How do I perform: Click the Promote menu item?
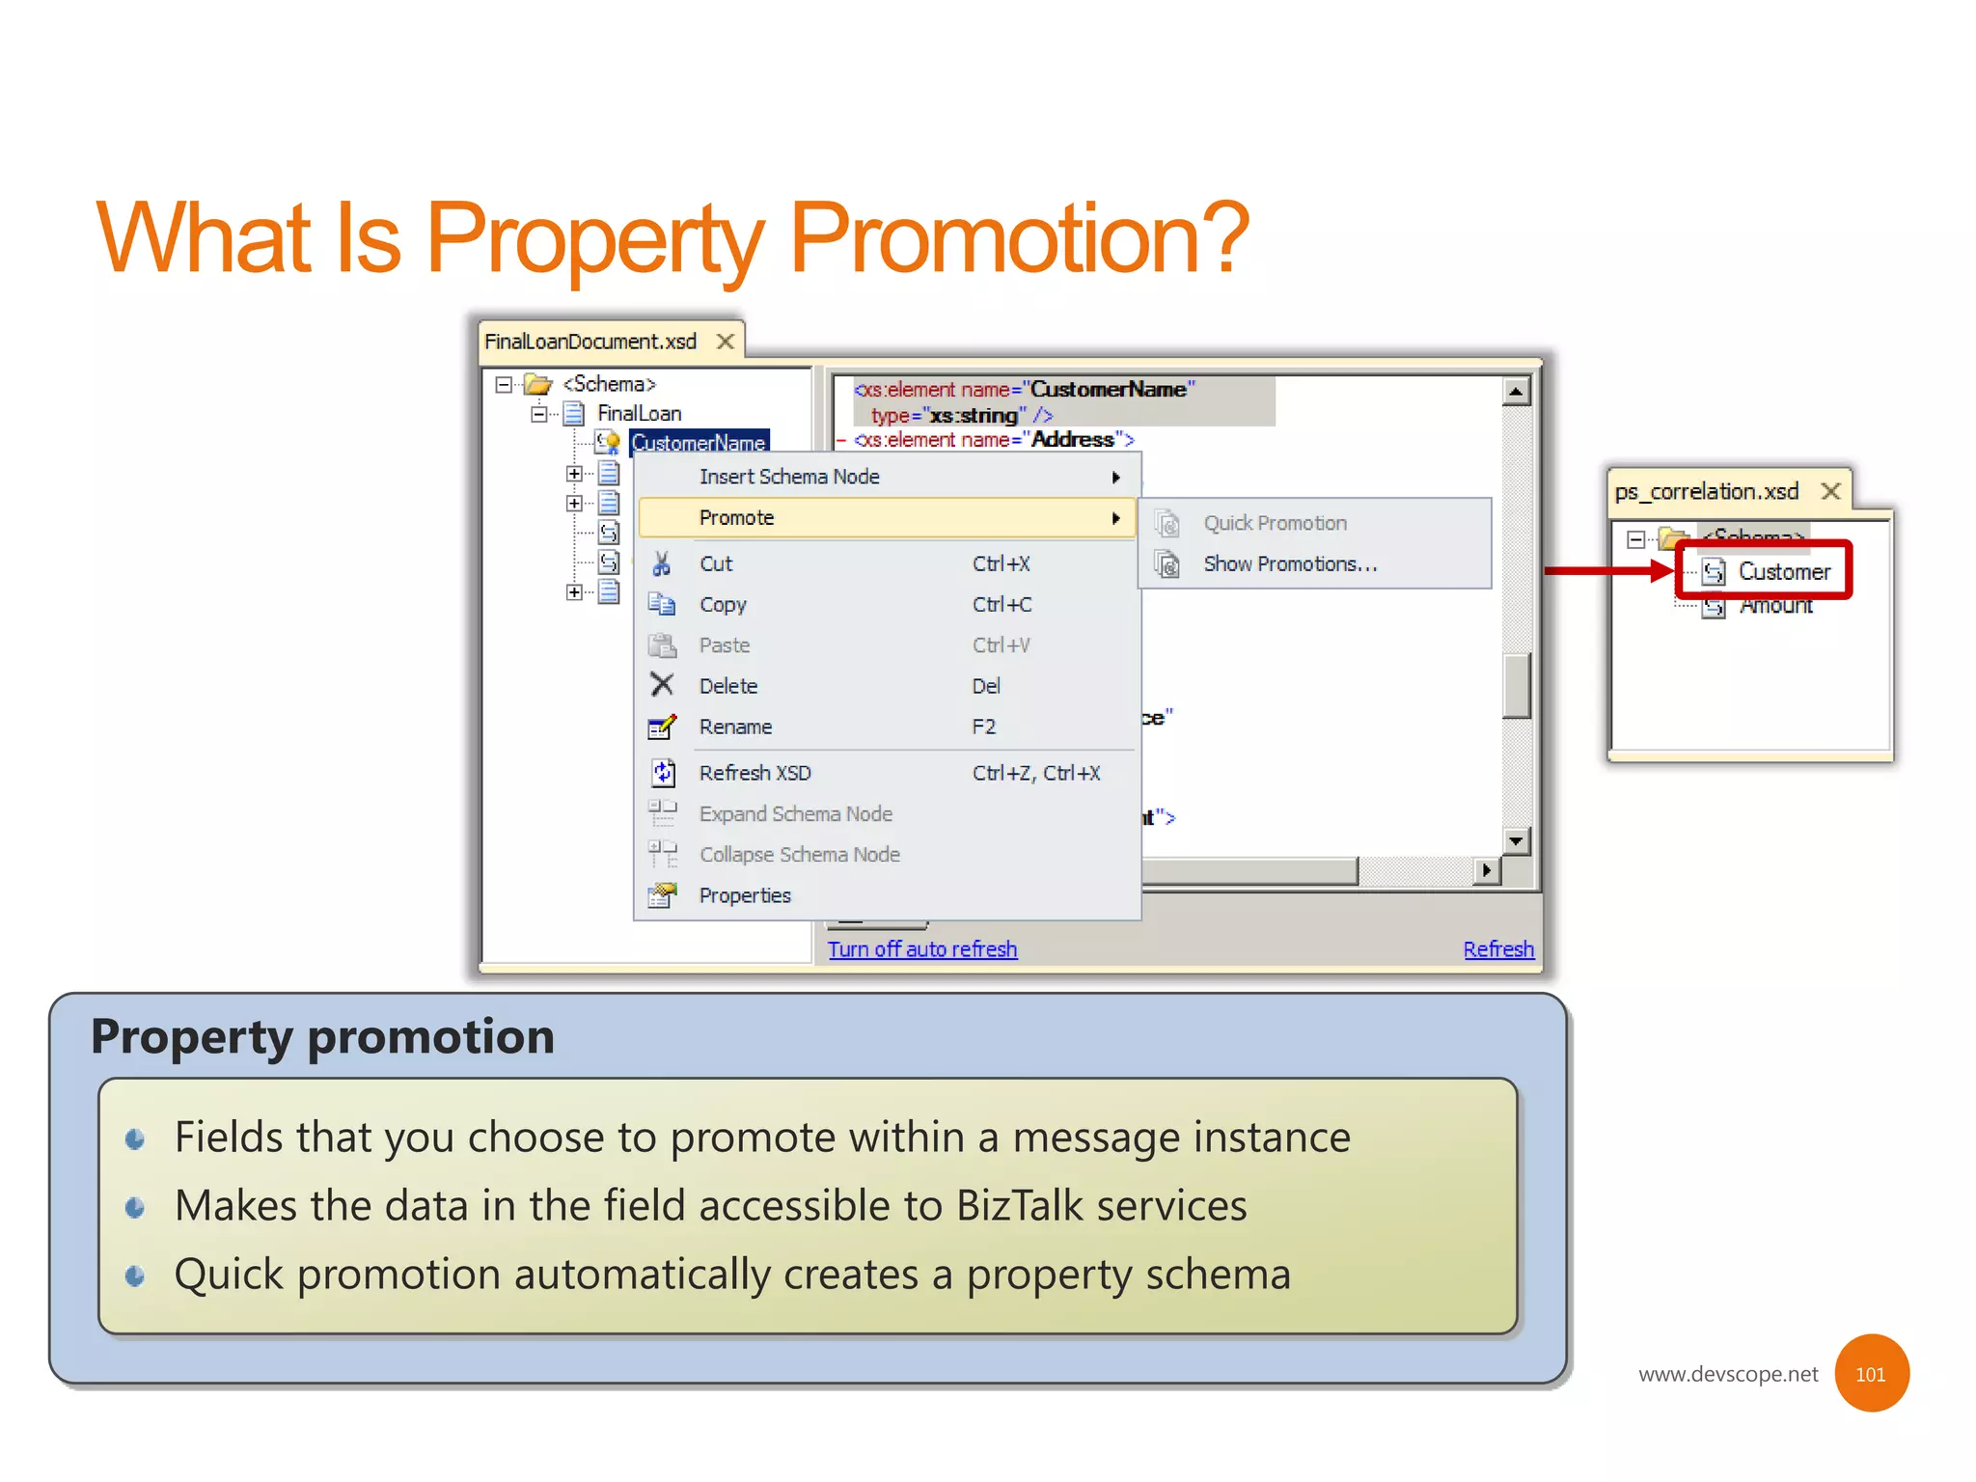pyautogui.click(x=736, y=518)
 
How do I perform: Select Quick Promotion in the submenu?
pyautogui.click(x=1274, y=523)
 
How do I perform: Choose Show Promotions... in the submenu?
pyautogui.click(x=1289, y=564)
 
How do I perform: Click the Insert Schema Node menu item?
pyautogui.click(x=788, y=477)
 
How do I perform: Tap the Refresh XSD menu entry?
pyautogui.click(x=755, y=773)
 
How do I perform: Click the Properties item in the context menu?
pyautogui.click(x=744, y=895)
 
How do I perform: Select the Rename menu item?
pyautogui.click(x=735, y=727)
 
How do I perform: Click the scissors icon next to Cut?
pyautogui.click(x=661, y=563)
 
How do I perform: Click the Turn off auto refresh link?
pyautogui.click(x=921, y=949)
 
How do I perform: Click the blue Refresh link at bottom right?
pyautogui.click(x=1497, y=949)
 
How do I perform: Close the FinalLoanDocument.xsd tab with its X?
pyautogui.click(x=726, y=342)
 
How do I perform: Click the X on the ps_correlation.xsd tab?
pyautogui.click(x=1830, y=491)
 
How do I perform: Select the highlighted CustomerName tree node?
pyautogui.click(x=699, y=443)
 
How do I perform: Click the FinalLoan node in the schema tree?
pyautogui.click(x=639, y=413)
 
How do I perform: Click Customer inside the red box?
pyautogui.click(x=1783, y=571)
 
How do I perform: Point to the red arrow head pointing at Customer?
pyautogui.click(x=1663, y=570)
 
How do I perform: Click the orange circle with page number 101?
pyautogui.click(x=1871, y=1374)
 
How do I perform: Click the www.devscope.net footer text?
pyautogui.click(x=1727, y=1374)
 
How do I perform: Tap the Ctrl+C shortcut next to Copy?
pyautogui.click(x=1002, y=605)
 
